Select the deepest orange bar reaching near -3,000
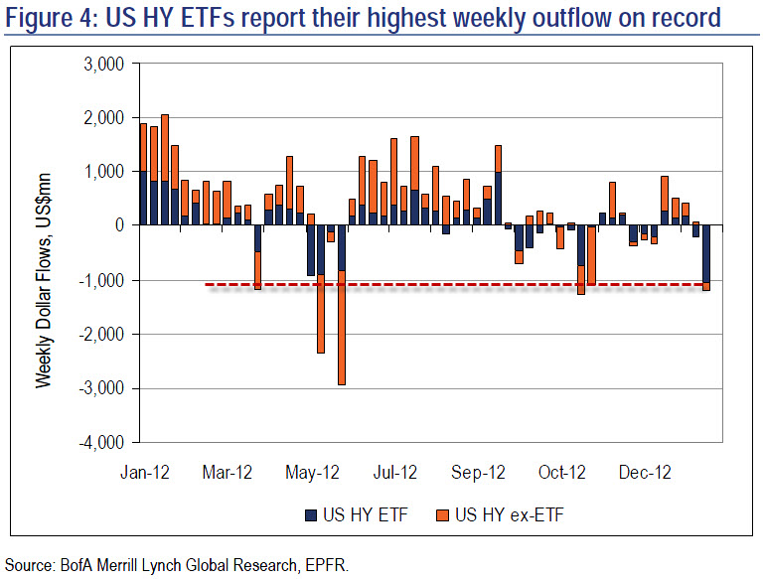tap(342, 328)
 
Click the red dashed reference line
tap(397, 285)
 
